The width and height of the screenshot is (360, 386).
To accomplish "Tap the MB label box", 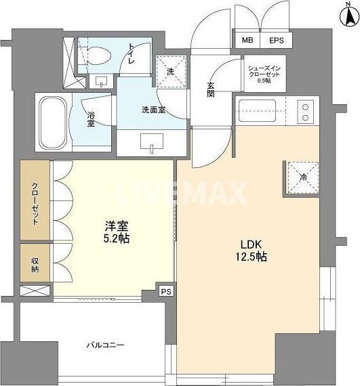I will click(248, 40).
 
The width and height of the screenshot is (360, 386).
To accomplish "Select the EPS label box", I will click(277, 40).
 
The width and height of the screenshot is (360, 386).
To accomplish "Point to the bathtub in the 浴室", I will click(52, 122).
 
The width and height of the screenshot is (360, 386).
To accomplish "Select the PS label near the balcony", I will click(166, 291).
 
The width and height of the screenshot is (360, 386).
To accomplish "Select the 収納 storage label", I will click(34, 263).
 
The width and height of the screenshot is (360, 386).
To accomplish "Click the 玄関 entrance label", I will click(211, 90).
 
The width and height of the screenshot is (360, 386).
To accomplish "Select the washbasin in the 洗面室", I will click(151, 142).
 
